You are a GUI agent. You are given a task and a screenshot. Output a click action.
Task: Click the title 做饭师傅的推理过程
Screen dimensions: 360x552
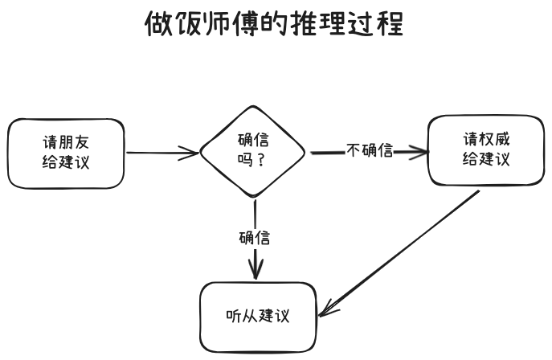click(x=273, y=24)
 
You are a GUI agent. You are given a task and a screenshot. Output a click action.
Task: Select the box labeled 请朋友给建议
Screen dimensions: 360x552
click(x=66, y=153)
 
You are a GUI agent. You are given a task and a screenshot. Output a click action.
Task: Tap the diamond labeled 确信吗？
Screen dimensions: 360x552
click(x=252, y=150)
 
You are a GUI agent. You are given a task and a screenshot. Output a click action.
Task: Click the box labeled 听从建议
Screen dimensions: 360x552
click(x=256, y=317)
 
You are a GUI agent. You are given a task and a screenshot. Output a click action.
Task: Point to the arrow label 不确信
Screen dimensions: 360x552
click(x=369, y=150)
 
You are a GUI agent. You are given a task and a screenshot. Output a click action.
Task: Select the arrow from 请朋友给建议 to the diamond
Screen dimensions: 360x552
click(x=161, y=152)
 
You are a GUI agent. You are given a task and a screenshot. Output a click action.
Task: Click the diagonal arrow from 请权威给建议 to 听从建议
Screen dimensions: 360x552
click(x=402, y=252)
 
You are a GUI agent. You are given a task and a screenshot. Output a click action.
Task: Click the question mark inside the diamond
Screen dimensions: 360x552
click(x=263, y=160)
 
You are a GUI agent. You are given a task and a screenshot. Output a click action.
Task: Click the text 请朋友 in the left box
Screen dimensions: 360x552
click(x=66, y=142)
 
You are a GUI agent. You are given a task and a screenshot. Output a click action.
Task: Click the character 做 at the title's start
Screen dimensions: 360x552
click(x=157, y=24)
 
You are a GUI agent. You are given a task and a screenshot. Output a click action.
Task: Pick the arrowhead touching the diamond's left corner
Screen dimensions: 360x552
click(x=193, y=152)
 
